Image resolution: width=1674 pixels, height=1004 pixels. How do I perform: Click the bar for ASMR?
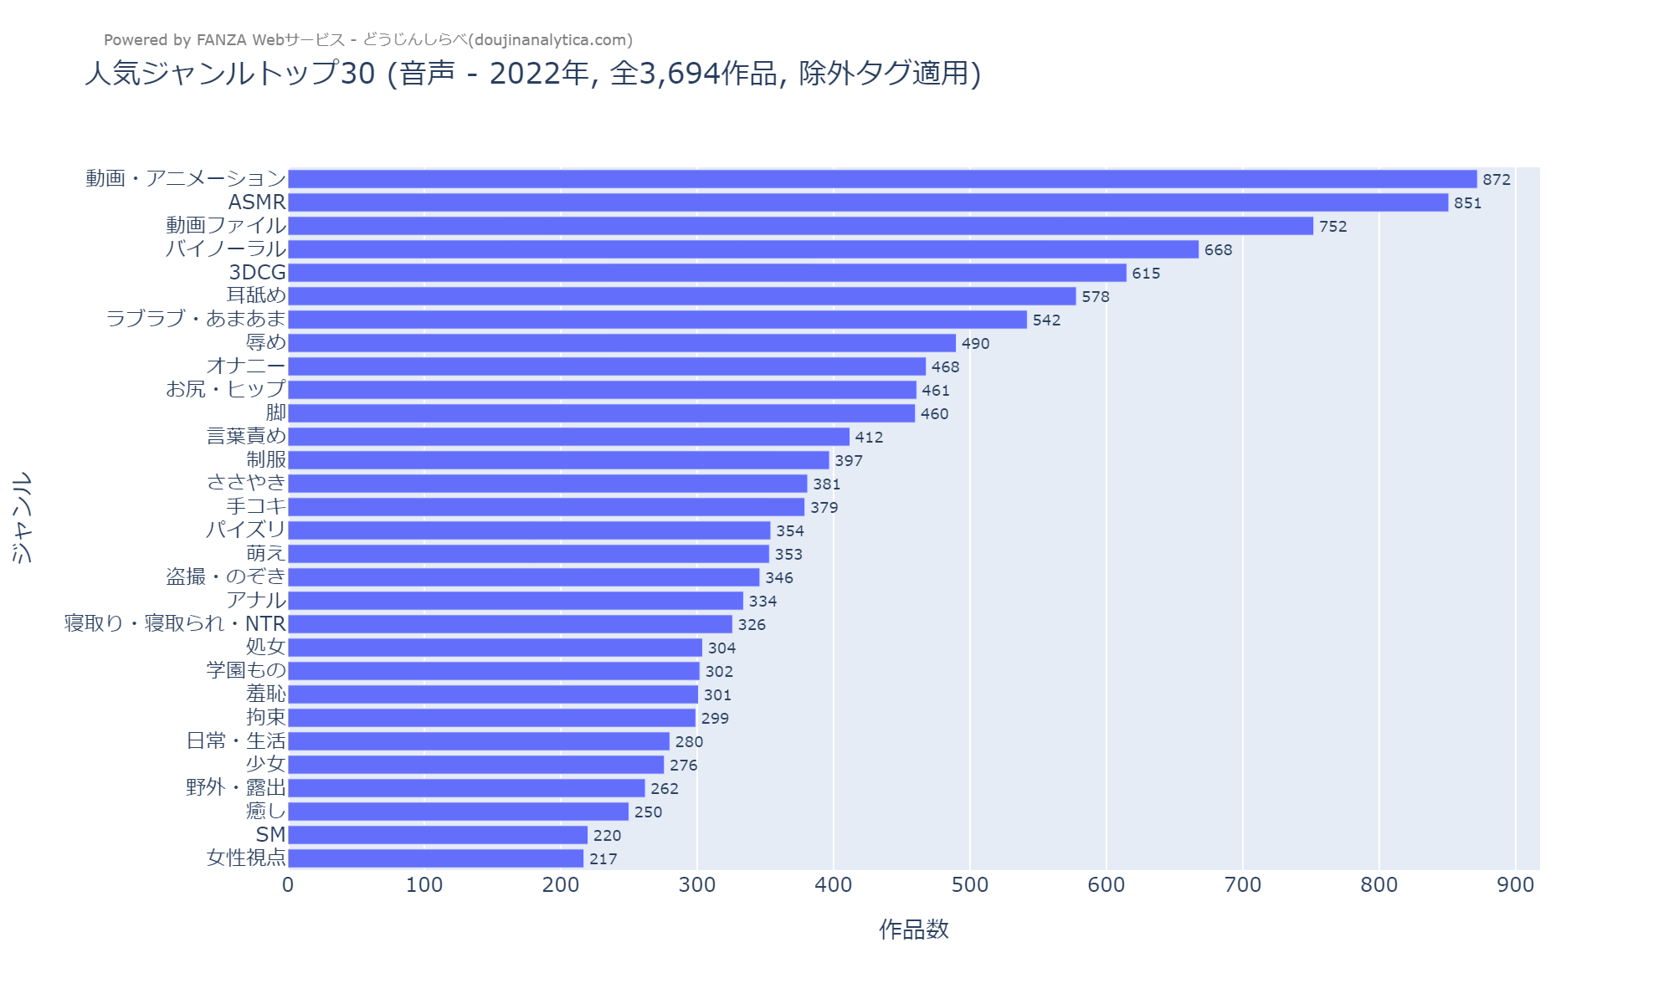coord(868,202)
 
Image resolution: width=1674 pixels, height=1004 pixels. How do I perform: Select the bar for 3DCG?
coord(707,273)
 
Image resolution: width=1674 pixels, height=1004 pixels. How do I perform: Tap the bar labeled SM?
coord(438,835)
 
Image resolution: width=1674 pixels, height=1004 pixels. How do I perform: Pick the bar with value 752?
coord(800,226)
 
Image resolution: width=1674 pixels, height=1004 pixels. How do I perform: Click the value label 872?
coord(1497,179)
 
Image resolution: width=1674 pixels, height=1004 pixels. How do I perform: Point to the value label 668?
coord(1218,249)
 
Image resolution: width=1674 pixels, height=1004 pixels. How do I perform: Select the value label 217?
coord(603,858)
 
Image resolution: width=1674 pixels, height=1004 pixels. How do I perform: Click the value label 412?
coord(869,437)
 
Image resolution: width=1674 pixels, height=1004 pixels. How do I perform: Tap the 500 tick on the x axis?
coord(970,885)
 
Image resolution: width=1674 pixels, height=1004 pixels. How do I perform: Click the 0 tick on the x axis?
coord(288,885)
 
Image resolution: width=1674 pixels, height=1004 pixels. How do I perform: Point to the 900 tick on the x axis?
coord(1516,885)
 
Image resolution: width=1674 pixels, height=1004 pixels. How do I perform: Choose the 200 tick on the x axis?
coord(561,885)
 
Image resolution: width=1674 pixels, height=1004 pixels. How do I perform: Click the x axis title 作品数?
coord(913,930)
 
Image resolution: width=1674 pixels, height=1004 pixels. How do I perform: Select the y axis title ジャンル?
coord(22,517)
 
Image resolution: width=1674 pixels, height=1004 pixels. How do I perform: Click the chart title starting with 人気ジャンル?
coord(532,74)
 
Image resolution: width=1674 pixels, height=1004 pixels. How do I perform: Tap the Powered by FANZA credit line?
coord(368,40)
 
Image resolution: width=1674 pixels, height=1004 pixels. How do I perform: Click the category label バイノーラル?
coord(226,249)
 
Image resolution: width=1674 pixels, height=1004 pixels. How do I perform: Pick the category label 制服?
coord(266,460)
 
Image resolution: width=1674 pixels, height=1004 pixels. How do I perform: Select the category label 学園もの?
coord(246,671)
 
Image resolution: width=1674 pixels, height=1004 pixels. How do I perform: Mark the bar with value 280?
coord(479,741)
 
